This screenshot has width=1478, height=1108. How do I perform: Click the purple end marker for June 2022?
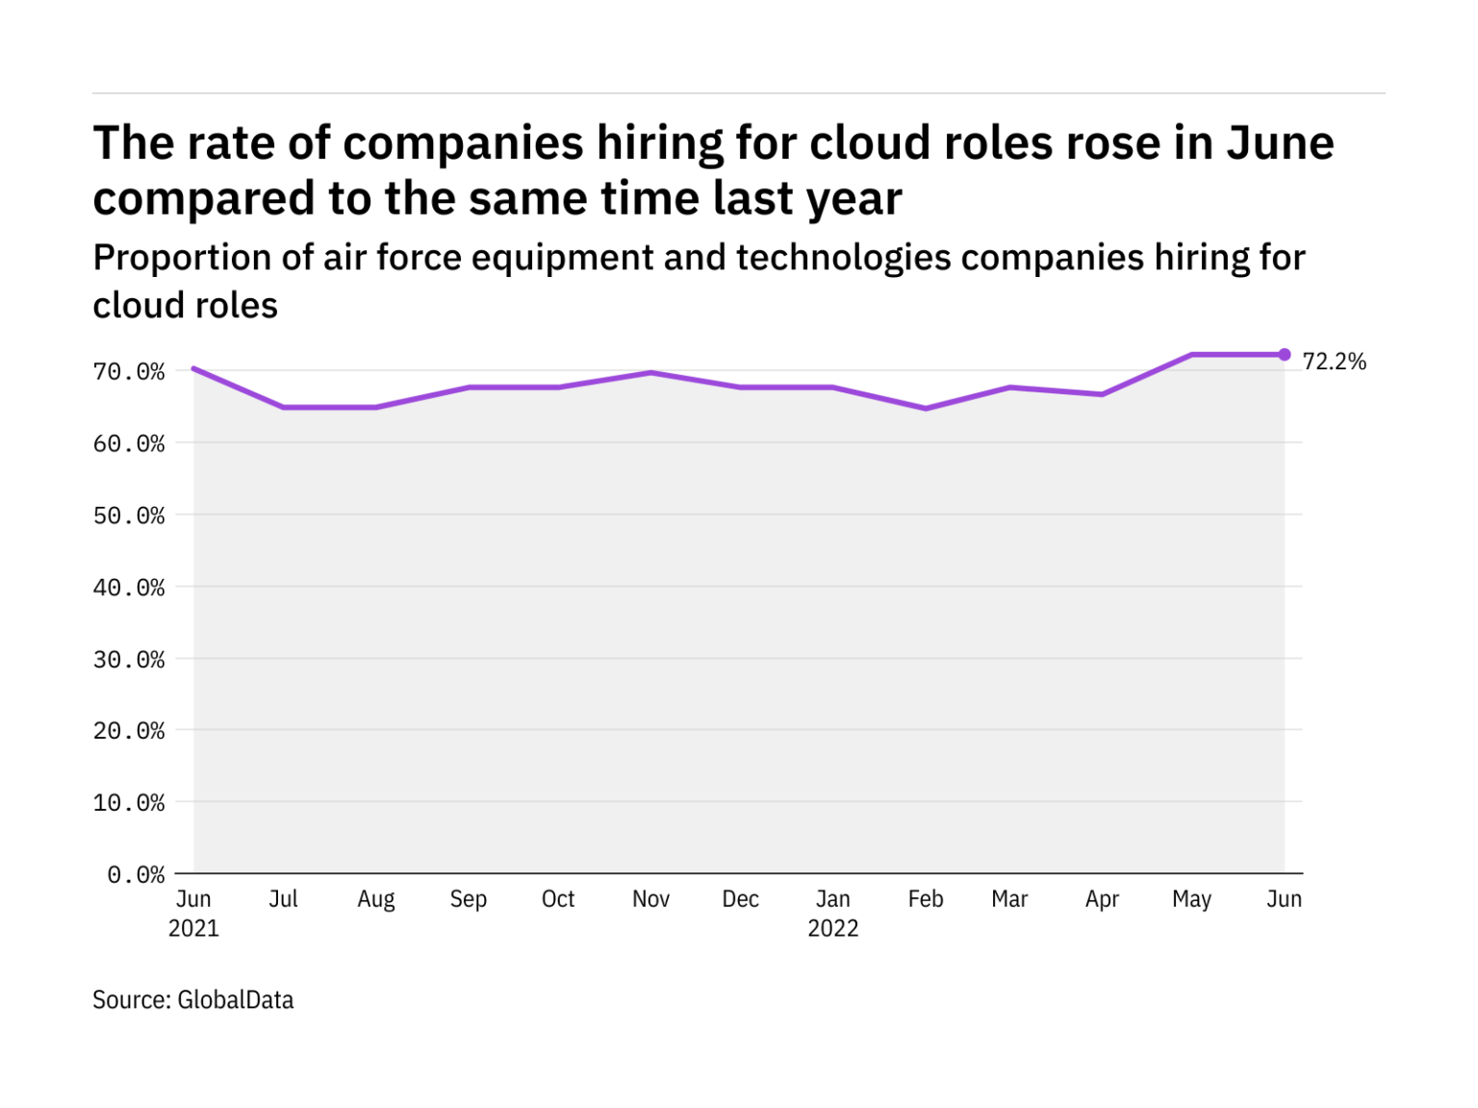pyautogui.click(x=1284, y=355)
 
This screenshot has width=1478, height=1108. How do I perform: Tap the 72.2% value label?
pyautogui.click(x=1334, y=362)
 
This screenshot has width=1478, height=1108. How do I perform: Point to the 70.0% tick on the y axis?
pyautogui.click(x=129, y=372)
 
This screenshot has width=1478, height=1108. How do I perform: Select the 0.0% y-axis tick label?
pyautogui.click(x=136, y=875)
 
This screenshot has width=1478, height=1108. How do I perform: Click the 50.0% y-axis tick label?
pyautogui.click(x=129, y=516)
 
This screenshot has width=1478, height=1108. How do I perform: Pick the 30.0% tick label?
pyautogui.click(x=129, y=660)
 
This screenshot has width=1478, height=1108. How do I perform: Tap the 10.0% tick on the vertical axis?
pyautogui.click(x=129, y=803)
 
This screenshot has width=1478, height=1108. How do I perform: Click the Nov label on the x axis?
pyautogui.click(x=650, y=899)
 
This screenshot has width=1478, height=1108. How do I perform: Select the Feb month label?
pyautogui.click(x=926, y=899)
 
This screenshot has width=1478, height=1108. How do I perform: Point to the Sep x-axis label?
pyautogui.click(x=469, y=899)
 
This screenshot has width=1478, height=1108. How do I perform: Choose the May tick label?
pyautogui.click(x=1191, y=899)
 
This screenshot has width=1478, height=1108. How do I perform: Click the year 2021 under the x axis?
pyautogui.click(x=193, y=929)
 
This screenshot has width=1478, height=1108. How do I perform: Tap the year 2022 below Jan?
pyautogui.click(x=832, y=929)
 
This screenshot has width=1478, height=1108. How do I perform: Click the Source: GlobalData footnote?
pyautogui.click(x=192, y=1000)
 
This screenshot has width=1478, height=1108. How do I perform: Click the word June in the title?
pyautogui.click(x=1280, y=144)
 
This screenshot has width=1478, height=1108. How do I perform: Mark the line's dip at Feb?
pyautogui.click(x=926, y=409)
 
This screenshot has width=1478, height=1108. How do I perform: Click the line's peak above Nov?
pyautogui.click(x=650, y=372)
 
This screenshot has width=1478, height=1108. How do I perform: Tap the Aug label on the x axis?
pyautogui.click(x=376, y=899)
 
